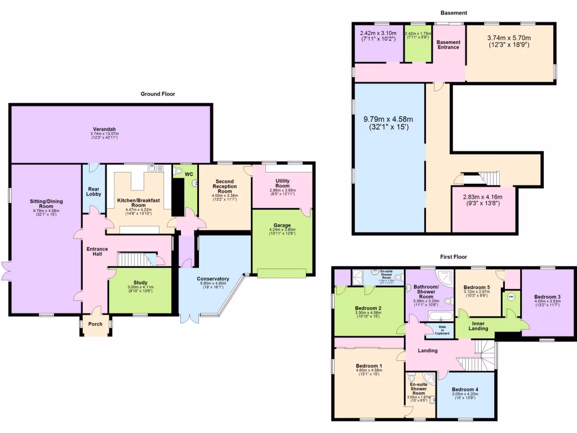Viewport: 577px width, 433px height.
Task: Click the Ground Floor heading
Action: point(158,94)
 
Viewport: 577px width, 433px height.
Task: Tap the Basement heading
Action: point(454,12)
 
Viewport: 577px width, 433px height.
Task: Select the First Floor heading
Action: point(454,257)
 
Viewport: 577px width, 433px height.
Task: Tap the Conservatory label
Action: point(213,279)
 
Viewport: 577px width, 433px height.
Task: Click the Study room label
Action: point(140,282)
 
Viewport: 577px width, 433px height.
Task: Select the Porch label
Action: point(95,324)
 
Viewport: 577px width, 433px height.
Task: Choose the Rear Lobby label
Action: point(94,190)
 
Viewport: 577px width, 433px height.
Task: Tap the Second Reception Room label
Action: point(224,186)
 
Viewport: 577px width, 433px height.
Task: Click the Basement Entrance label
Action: point(449,45)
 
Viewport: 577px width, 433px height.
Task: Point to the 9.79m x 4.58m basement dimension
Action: point(389,123)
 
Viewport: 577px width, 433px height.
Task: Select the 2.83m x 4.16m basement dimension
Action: point(485,201)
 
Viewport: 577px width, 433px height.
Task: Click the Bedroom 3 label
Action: point(547,297)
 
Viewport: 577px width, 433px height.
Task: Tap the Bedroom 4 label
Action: point(465,390)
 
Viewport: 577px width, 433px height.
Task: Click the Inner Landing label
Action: point(478,326)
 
